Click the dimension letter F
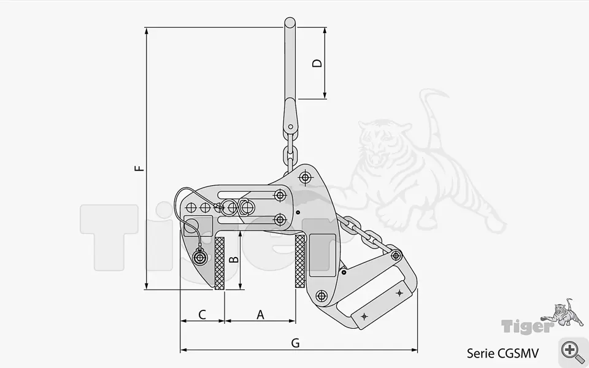coord(141,166)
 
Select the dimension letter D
coord(317,63)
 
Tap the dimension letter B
coord(233,260)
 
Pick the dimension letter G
coord(295,343)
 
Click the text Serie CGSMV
coord(502,353)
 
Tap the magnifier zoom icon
coord(573,351)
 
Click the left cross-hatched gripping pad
coord(220,263)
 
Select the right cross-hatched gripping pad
coord(300,261)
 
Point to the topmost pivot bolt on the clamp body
coord(304,178)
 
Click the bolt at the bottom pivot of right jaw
coord(321,296)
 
